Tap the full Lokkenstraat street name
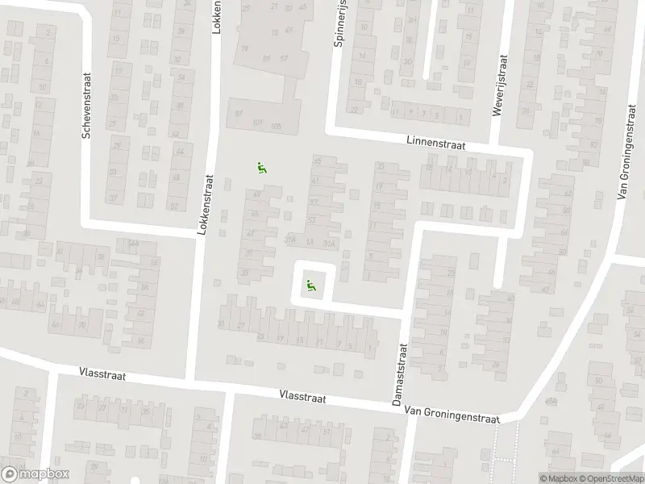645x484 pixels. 206,206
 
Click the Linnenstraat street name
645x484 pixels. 437,142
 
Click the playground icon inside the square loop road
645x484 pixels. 310,284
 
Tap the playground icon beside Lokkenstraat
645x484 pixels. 261,168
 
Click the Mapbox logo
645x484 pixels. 35,474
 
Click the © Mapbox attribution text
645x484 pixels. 556,478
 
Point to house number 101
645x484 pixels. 257,123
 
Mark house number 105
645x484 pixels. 277,127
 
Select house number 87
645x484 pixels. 238,112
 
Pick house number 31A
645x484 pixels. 326,242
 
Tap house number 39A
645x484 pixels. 290,240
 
